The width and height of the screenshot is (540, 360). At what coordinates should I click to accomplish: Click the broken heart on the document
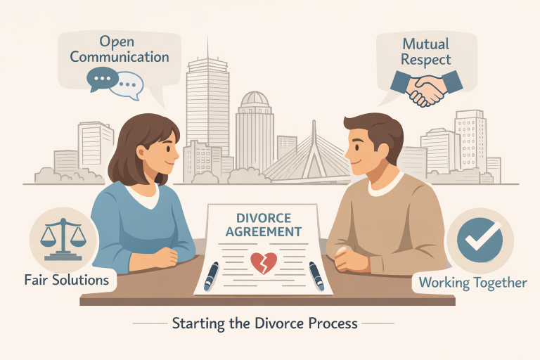click(264, 263)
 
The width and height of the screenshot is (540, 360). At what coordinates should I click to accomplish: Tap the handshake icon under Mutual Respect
click(427, 88)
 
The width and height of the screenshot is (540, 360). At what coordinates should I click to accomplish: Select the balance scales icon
click(63, 239)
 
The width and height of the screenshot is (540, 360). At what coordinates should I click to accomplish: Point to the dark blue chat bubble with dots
click(102, 79)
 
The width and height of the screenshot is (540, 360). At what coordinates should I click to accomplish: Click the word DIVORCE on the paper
click(264, 218)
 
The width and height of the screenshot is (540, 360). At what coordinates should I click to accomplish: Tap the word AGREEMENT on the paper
click(264, 231)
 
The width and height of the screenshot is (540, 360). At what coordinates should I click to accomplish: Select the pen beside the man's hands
click(316, 276)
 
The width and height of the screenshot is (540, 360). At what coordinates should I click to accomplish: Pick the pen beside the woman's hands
click(212, 276)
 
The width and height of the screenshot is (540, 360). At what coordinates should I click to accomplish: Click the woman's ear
click(141, 152)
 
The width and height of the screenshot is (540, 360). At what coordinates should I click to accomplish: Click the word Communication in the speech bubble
click(120, 57)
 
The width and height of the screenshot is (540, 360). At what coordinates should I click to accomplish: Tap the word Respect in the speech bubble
click(426, 60)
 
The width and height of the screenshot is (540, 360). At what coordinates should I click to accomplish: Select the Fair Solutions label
click(67, 280)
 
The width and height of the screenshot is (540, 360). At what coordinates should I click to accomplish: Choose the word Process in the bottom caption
click(333, 324)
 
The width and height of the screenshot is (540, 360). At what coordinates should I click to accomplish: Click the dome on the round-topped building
click(255, 99)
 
